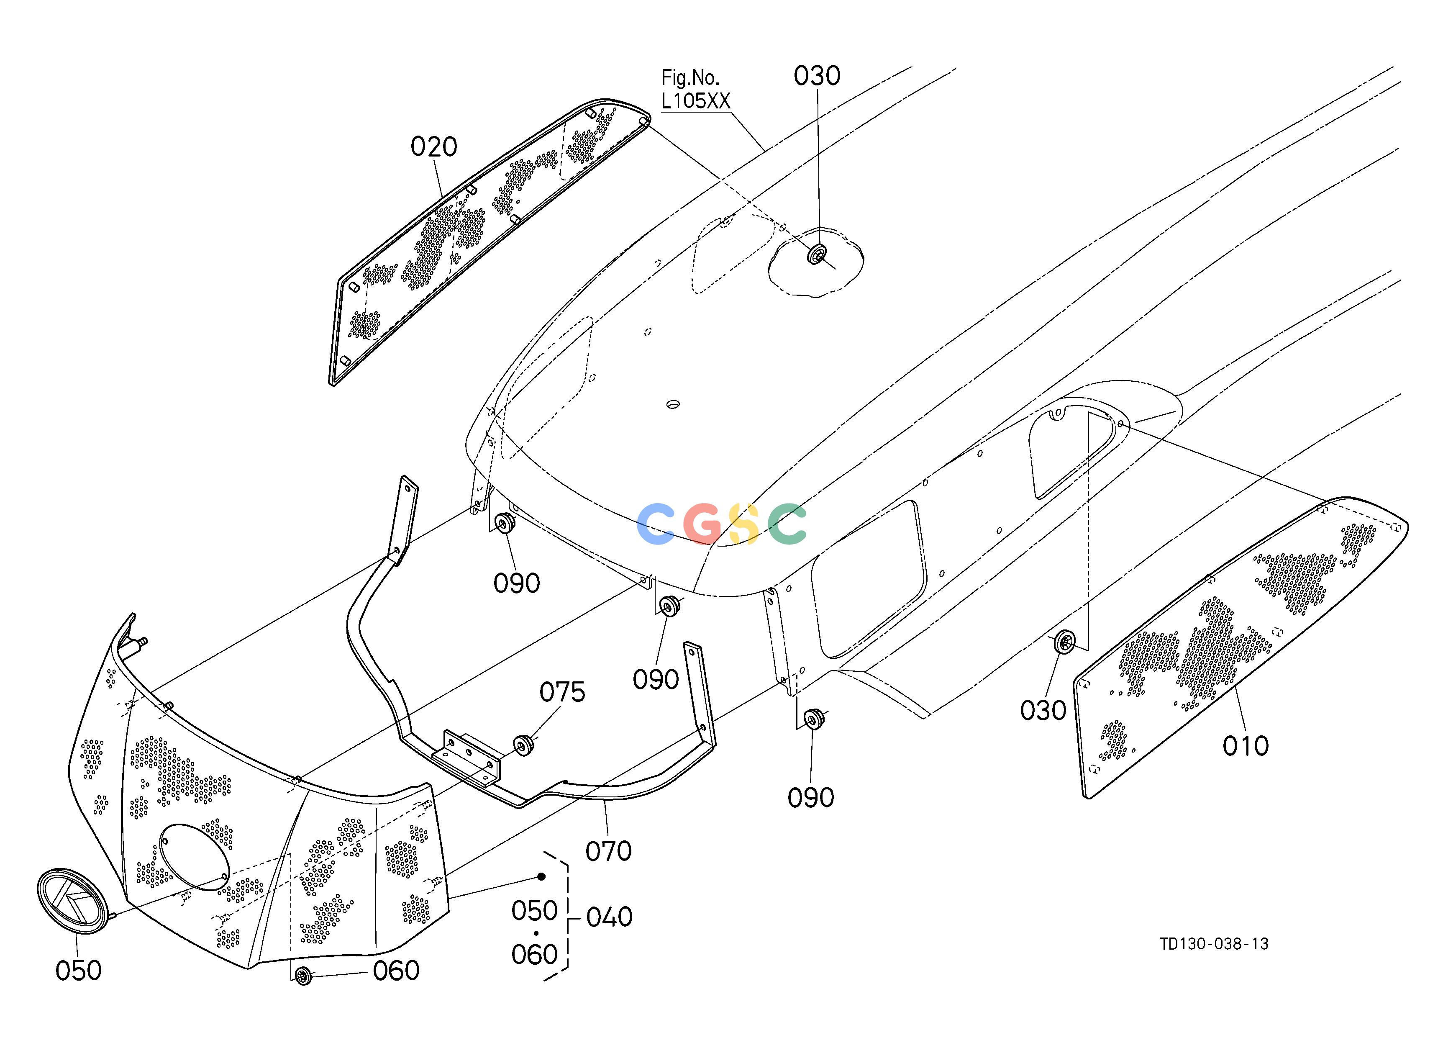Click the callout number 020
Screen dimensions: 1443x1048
pos(434,147)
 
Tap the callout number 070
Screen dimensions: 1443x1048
pos(608,851)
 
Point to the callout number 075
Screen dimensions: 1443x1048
pos(562,692)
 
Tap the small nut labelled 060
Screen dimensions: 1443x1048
pos(303,975)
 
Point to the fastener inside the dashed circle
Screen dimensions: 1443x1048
pos(817,255)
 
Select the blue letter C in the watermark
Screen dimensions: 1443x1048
pos(656,524)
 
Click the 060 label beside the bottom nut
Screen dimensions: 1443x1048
pos(396,971)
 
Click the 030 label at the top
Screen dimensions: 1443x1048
pos(817,76)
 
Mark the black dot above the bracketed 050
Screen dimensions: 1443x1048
pos(541,877)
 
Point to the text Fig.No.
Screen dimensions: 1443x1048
pos(690,77)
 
